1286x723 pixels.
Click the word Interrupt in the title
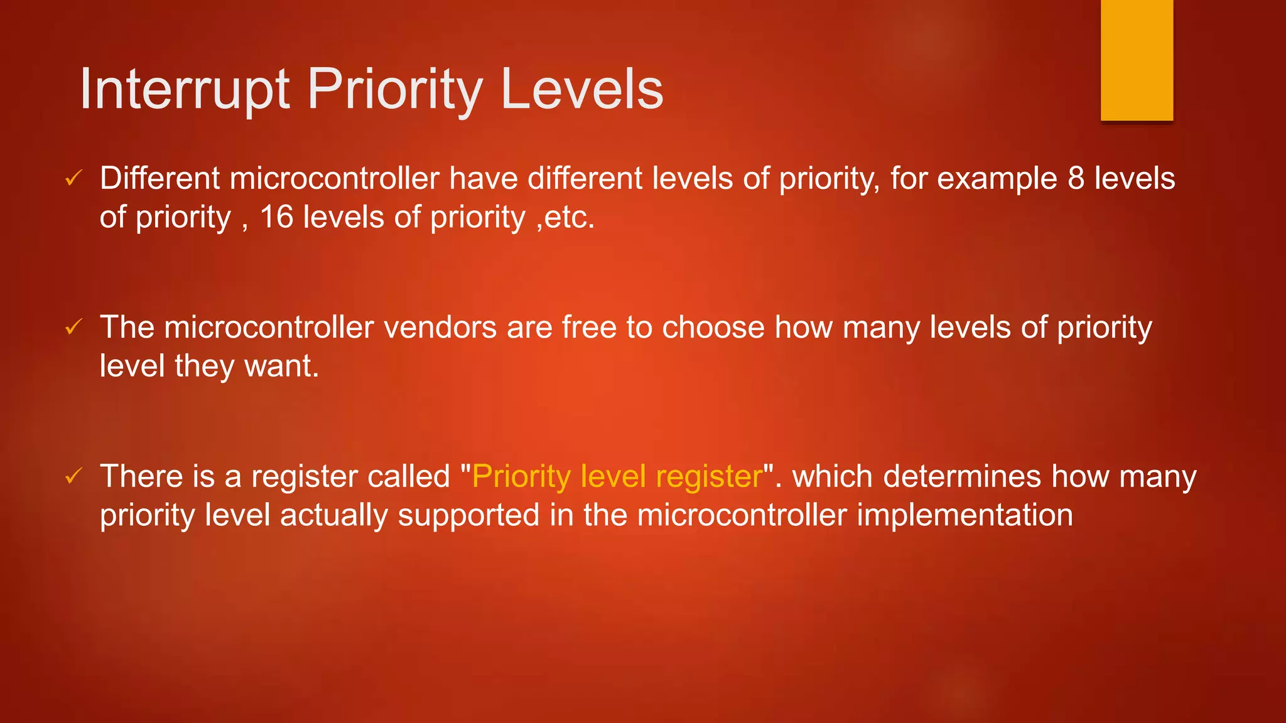click(185, 90)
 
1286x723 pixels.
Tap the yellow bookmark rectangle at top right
click(1137, 60)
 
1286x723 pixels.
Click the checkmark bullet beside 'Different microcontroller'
click(73, 178)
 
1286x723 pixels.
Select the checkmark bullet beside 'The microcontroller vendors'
click(73, 327)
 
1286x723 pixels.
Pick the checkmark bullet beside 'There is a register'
click(73, 476)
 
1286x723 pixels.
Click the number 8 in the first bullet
click(1076, 178)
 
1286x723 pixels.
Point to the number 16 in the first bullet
click(276, 217)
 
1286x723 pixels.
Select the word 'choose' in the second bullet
click(713, 328)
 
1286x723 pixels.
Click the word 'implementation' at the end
click(964, 515)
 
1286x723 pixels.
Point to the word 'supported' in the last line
click(468, 515)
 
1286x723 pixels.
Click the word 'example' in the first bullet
click(997, 179)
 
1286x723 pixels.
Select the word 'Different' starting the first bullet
click(159, 178)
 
